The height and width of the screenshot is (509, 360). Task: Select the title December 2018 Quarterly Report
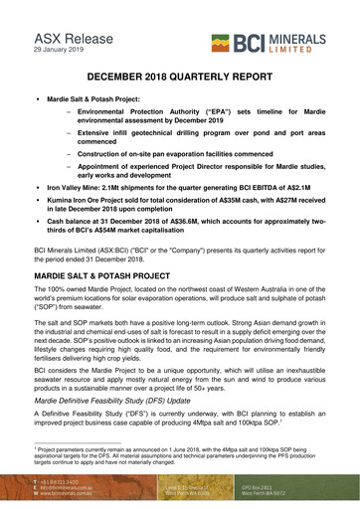tap(180, 76)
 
